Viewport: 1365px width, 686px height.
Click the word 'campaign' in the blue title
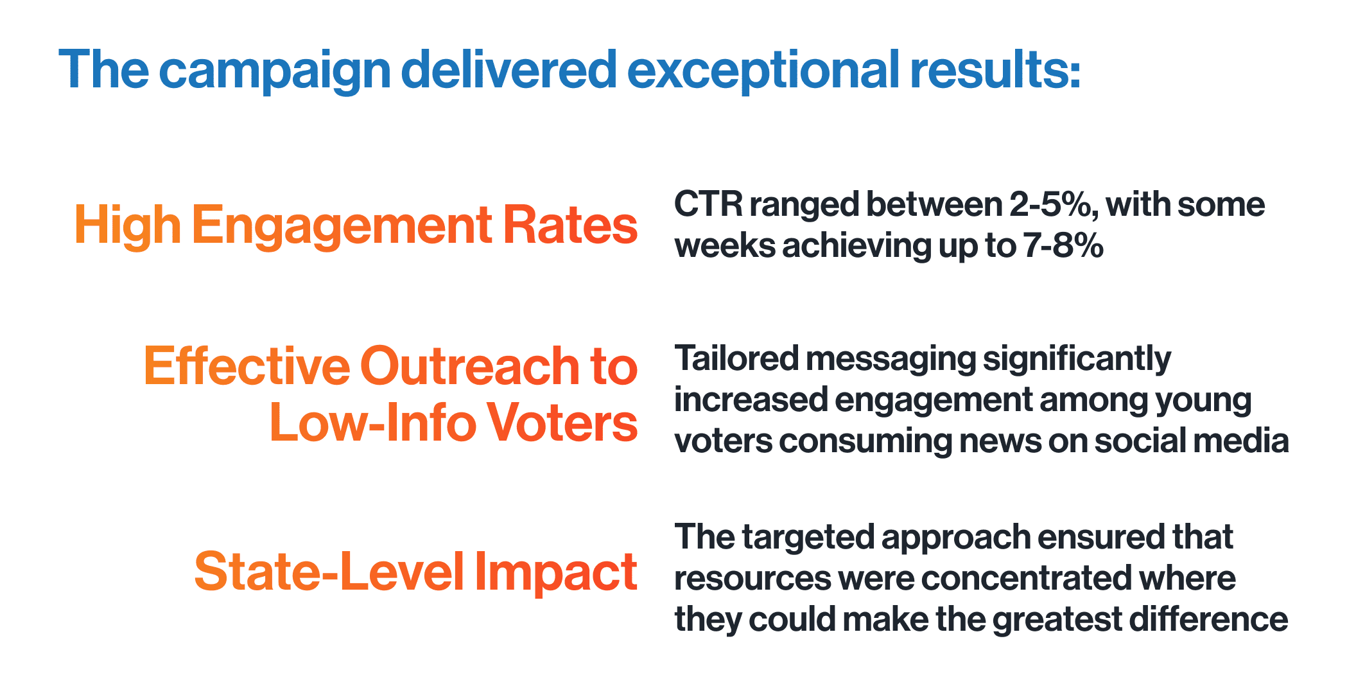tap(275, 71)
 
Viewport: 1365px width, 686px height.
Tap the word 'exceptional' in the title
tap(763, 71)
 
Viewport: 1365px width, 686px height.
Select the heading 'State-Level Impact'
tap(415, 572)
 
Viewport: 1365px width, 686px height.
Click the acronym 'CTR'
tap(708, 205)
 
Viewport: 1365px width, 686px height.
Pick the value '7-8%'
tap(1063, 246)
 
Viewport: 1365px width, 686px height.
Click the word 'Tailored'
tap(736, 358)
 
